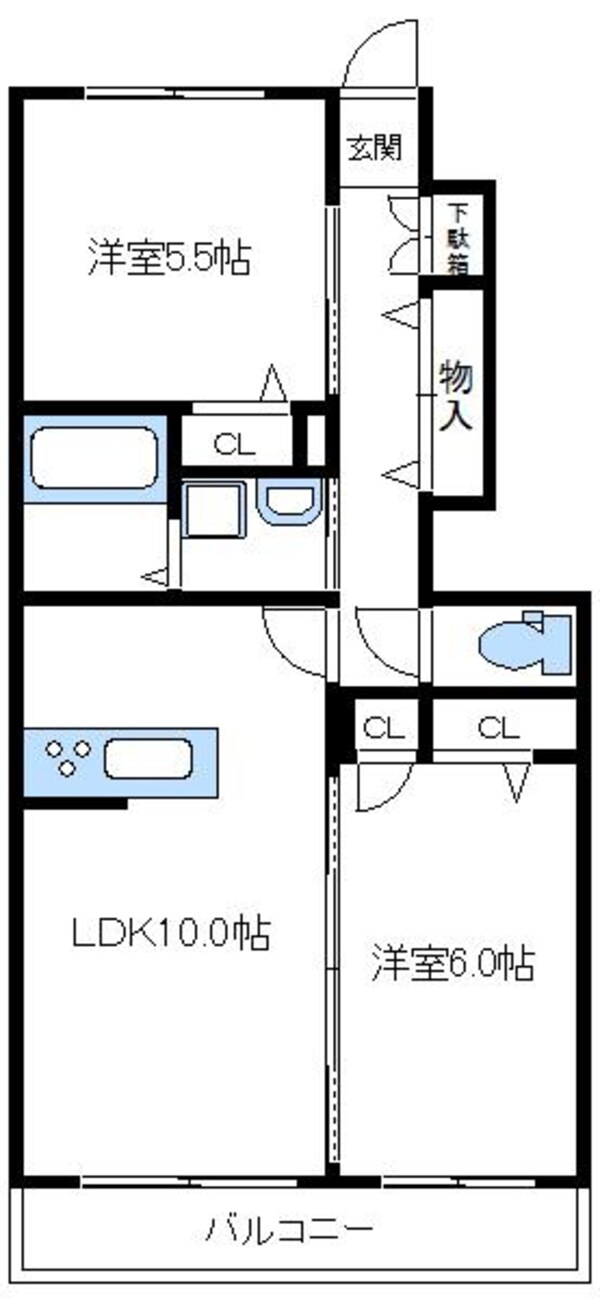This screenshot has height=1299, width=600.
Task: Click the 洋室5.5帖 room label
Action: (x=167, y=259)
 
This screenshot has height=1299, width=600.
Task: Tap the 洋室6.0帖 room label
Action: (x=453, y=962)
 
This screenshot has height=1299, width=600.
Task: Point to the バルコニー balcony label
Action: (x=290, y=1227)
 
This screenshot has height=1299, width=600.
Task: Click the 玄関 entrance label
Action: (x=375, y=149)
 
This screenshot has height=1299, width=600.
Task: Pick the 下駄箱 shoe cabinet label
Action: (x=459, y=239)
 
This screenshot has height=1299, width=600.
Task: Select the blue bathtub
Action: (x=95, y=458)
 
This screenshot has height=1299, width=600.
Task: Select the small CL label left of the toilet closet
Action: (x=383, y=728)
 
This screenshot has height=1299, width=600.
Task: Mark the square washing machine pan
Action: (x=214, y=511)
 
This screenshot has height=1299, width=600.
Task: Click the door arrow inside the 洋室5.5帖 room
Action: (x=274, y=383)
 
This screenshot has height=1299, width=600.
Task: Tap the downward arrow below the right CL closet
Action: (x=517, y=781)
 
